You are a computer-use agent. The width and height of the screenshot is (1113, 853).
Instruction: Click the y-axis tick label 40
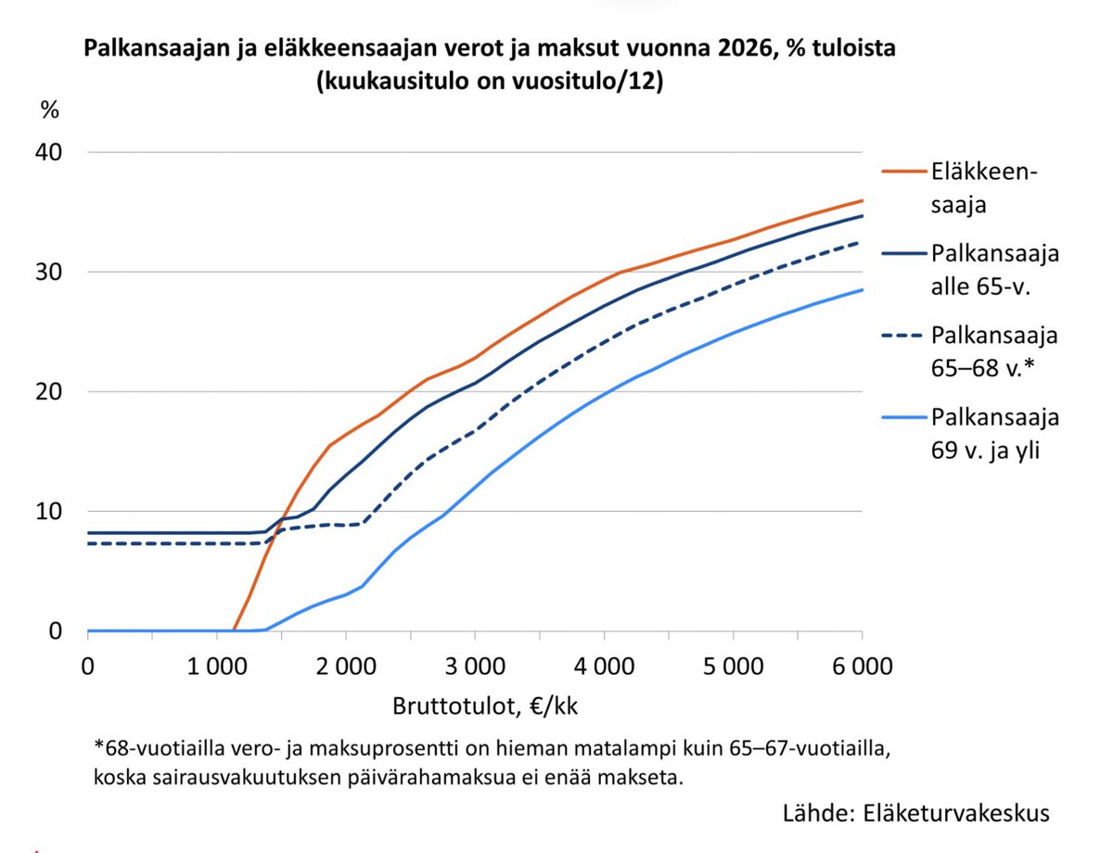coord(50,152)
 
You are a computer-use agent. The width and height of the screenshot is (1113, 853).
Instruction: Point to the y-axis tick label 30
coord(50,272)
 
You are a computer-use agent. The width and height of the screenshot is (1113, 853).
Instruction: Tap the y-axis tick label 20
coord(50,391)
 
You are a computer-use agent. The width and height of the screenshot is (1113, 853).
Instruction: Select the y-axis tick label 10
coord(50,511)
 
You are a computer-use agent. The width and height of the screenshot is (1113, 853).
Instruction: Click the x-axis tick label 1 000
coord(216,666)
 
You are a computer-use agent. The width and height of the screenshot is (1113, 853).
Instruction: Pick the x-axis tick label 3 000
coord(474,666)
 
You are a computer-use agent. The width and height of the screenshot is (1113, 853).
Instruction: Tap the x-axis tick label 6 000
coord(862,666)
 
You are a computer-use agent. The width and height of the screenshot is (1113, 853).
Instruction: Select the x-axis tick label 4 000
coord(604,666)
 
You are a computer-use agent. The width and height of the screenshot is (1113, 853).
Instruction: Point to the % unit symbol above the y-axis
coord(49,109)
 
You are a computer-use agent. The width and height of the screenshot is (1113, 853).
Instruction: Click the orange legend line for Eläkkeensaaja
coord(903,171)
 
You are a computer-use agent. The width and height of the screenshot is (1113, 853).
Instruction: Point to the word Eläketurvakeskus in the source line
coord(957,813)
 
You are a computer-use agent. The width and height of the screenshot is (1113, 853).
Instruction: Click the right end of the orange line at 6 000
coord(862,200)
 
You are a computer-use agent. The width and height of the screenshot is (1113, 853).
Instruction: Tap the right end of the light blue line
coord(862,290)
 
